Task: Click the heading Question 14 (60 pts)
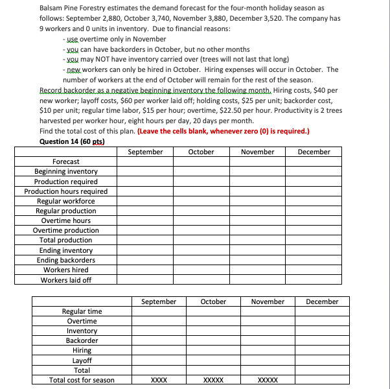(x=72, y=141)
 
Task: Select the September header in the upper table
(x=146, y=152)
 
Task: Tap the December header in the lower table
(x=322, y=301)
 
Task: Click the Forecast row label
(x=66, y=161)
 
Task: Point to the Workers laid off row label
(x=66, y=280)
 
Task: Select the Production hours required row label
(x=66, y=191)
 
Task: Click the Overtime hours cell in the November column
(x=258, y=220)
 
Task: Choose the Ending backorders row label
(x=66, y=260)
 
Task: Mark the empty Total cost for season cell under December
(x=322, y=380)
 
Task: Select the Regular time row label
(x=82, y=311)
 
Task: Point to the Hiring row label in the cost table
(x=82, y=351)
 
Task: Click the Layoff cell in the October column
(x=214, y=360)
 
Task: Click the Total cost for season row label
(x=82, y=380)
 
